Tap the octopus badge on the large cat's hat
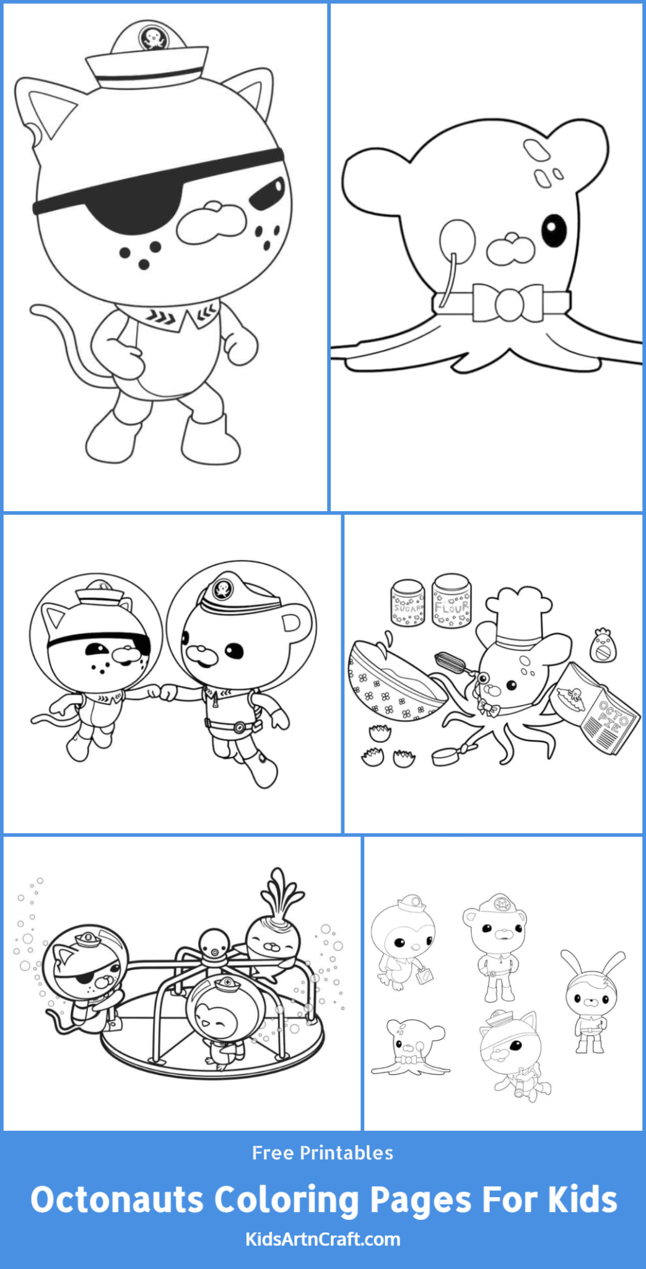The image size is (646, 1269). click(x=151, y=39)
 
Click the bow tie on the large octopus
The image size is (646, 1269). click(x=508, y=303)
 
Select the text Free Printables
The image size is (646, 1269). click(x=323, y=1153)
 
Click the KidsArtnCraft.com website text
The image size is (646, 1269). click(x=323, y=1239)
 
